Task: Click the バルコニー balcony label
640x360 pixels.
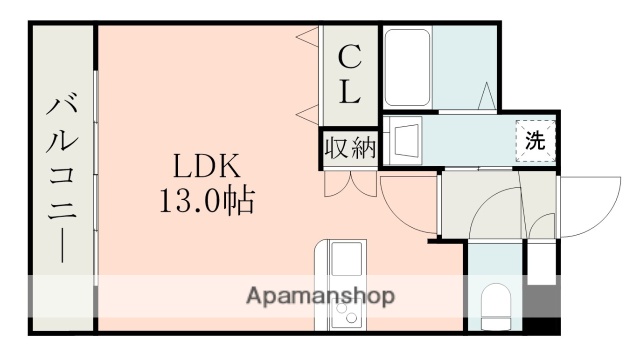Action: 63,177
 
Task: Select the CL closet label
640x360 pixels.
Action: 349,75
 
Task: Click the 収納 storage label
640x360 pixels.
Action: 349,149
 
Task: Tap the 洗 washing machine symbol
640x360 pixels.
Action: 536,141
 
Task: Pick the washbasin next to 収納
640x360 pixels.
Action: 406,140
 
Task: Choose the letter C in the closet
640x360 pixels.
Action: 349,55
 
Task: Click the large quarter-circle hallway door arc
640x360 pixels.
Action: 496,210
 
